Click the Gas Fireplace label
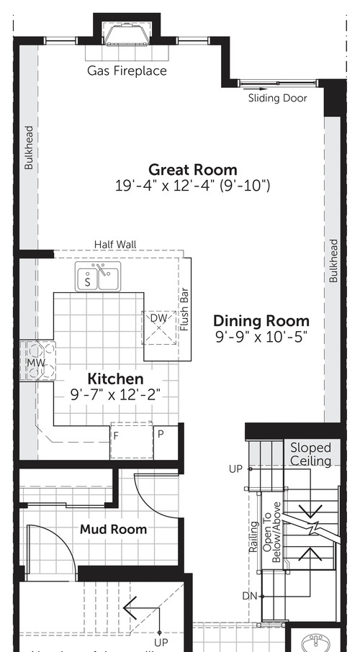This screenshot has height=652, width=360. (x=127, y=71)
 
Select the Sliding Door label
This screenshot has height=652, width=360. (x=277, y=98)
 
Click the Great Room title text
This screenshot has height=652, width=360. (x=192, y=170)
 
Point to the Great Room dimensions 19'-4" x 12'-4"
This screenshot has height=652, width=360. (x=192, y=186)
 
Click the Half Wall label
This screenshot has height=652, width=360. (x=115, y=245)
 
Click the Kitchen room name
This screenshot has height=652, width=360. (x=115, y=379)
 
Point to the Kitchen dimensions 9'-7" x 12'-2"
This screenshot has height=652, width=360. (x=115, y=394)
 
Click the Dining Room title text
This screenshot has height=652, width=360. (x=261, y=321)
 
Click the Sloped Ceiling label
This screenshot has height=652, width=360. (x=310, y=454)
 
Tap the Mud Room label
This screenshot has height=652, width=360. (x=113, y=529)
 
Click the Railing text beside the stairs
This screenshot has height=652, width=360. (x=253, y=537)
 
